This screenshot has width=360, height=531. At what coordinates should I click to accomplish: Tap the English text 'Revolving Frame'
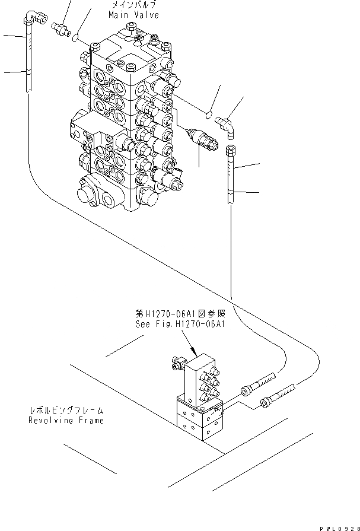click(66, 420)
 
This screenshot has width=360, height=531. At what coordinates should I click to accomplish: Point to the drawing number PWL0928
click(335, 526)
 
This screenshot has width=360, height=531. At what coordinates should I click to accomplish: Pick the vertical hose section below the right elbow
click(232, 178)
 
